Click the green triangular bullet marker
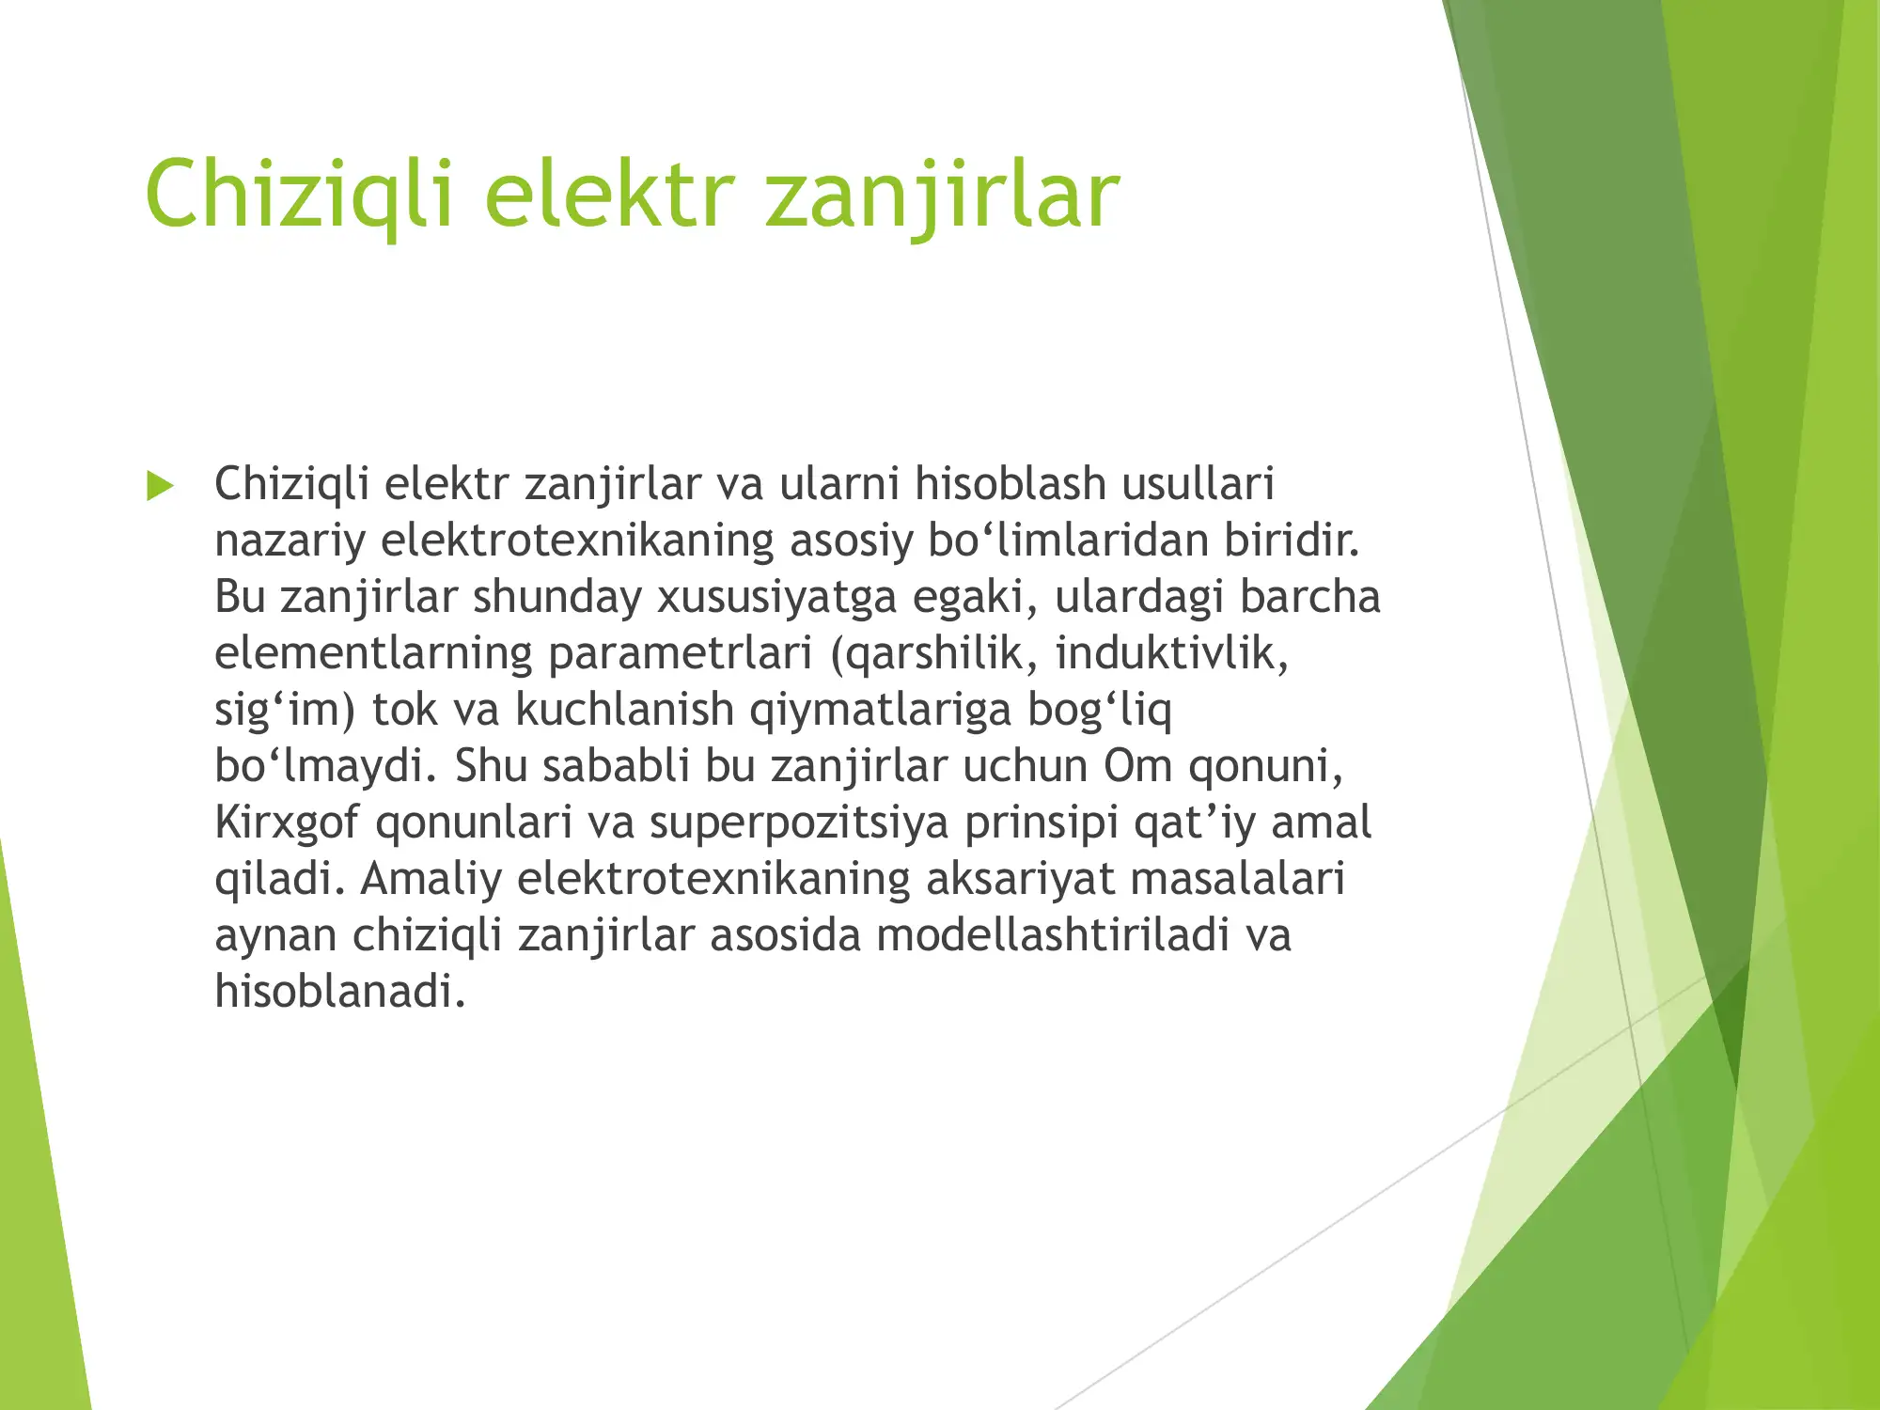click(161, 486)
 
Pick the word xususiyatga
click(776, 598)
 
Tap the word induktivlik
click(1171, 654)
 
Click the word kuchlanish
click(624, 711)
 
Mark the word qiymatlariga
click(880, 711)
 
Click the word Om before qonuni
click(1137, 767)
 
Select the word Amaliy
click(431, 880)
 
